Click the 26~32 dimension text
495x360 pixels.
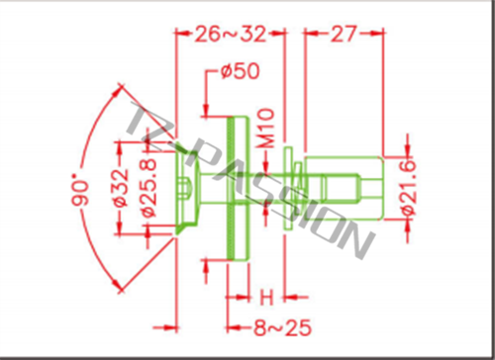(231, 34)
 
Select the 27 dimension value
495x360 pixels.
(344, 34)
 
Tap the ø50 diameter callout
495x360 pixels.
(241, 71)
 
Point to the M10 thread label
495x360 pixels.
(266, 128)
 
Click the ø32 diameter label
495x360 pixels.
(121, 188)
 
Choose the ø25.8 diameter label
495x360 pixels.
(149, 188)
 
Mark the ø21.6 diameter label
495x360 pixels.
(409, 188)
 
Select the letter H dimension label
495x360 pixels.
(266, 298)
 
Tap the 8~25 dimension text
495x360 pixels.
(282, 327)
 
